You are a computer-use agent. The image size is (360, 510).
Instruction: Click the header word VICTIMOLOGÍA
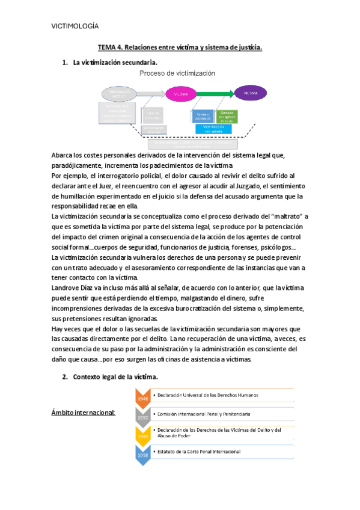pos(75,26)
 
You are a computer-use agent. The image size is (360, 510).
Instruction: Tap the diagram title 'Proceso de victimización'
pos(177,73)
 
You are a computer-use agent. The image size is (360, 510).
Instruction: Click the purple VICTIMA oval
pos(251,94)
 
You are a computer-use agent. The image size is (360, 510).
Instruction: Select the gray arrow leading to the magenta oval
pos(149,94)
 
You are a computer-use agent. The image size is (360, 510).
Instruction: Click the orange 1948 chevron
pos(143,398)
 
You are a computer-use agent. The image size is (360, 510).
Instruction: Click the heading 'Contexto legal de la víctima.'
pos(115,376)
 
